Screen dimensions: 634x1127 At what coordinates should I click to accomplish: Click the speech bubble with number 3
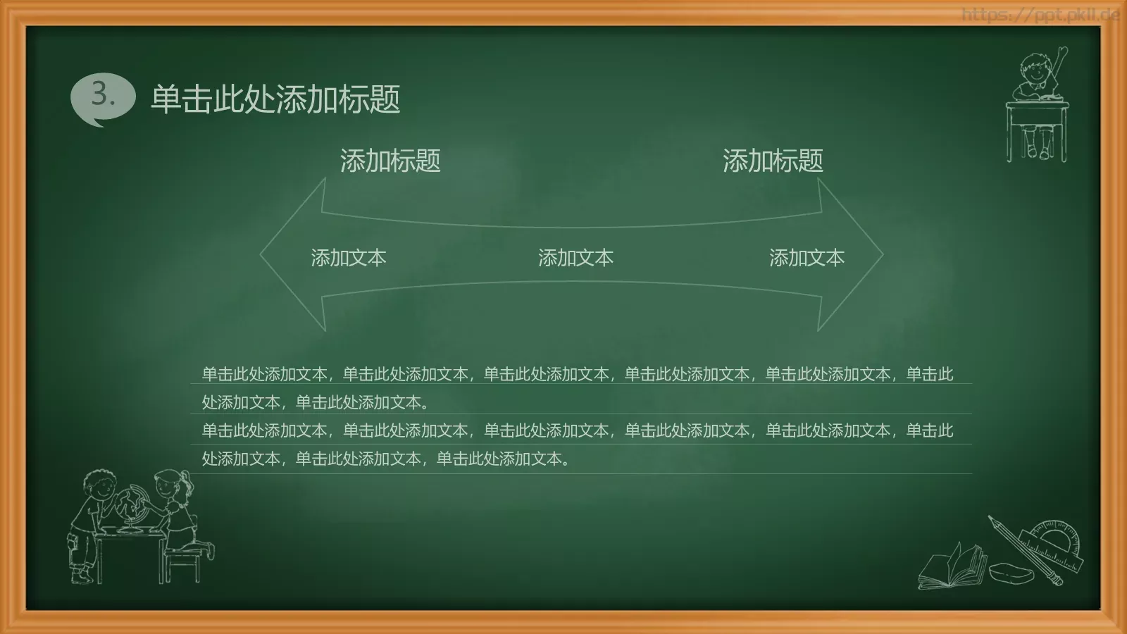coord(103,97)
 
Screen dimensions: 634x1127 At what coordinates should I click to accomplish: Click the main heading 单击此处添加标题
coord(275,99)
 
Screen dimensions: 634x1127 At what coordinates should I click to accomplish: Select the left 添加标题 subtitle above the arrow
coord(390,161)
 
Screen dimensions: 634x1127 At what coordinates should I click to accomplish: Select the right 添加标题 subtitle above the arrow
coord(773,161)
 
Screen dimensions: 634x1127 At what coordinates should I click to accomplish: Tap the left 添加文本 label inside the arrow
coord(349,258)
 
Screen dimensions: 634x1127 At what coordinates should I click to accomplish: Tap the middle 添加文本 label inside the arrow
coord(575,258)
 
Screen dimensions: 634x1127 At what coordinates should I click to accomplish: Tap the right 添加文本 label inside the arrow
coord(807,258)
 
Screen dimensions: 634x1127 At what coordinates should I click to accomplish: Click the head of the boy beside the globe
coord(98,485)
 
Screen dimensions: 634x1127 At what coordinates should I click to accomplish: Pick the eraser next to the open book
coord(1011,572)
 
